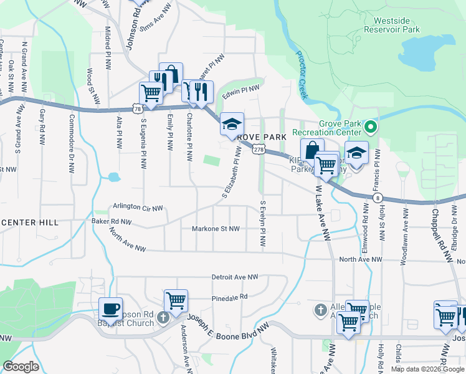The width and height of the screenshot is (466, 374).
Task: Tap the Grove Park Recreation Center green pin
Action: coord(371,128)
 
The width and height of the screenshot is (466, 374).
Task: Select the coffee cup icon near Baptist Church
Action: coord(111,309)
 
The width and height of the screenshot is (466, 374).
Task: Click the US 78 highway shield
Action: coord(137,108)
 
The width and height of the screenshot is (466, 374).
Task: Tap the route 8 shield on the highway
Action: coord(379,198)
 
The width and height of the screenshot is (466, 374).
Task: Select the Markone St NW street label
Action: coord(216,229)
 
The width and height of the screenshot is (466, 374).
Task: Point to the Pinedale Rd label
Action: coord(229,297)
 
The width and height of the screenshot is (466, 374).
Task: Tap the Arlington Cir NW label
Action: coord(138,206)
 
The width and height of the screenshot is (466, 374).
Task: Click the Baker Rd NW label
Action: coord(112,221)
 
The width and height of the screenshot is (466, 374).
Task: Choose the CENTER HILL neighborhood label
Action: coord(29,223)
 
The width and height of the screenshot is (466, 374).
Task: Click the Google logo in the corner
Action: coord(21,367)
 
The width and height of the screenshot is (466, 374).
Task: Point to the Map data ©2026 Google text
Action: coord(427,369)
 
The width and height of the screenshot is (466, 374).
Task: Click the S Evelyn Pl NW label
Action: coord(264,226)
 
